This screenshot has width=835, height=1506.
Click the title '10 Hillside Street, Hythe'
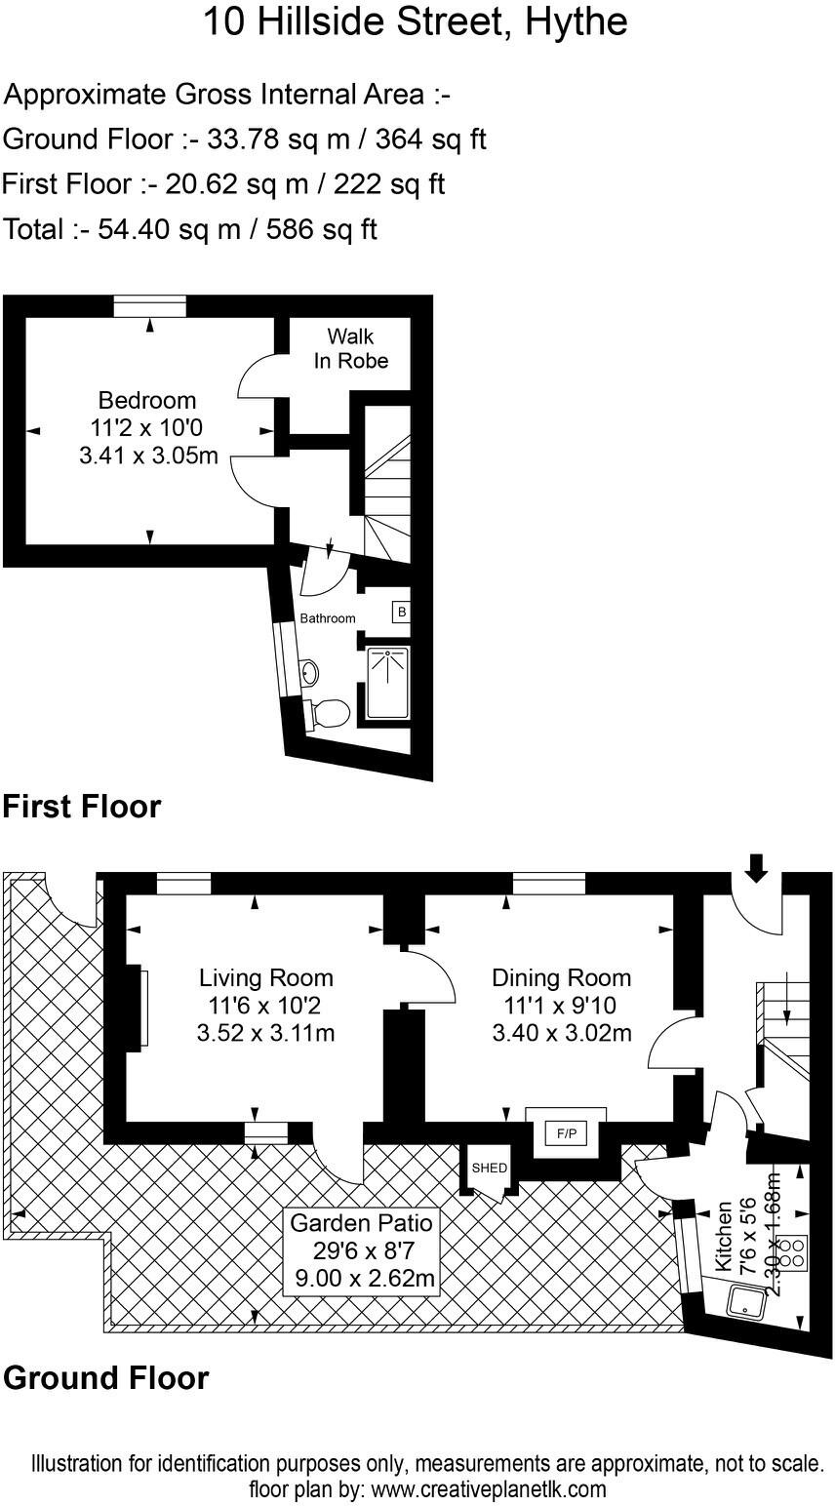[415, 21]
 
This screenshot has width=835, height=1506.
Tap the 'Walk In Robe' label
[350, 349]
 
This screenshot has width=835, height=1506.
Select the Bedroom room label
[147, 400]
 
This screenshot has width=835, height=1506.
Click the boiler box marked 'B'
[400, 613]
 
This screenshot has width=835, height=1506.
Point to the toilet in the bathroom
[330, 712]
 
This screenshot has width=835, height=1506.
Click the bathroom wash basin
[308, 671]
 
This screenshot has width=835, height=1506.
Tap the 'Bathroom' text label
[327, 618]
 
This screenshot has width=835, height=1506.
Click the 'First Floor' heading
[81, 808]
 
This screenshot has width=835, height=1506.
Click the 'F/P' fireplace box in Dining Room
[566, 1133]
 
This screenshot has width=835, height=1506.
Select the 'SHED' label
[489, 1168]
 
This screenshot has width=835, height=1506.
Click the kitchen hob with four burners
[794, 1251]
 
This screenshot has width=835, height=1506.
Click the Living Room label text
[265, 977]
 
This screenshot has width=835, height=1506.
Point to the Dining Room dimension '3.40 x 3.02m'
[561, 1032]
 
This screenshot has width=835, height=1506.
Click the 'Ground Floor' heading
[105, 1378]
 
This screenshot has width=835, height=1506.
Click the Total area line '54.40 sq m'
[190, 229]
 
